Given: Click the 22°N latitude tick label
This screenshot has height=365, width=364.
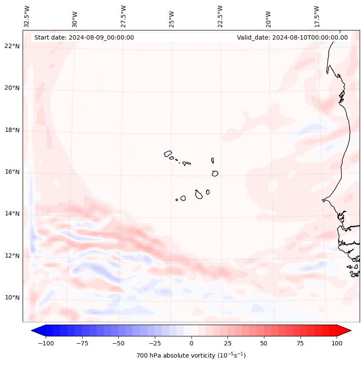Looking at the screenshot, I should (x=12, y=46).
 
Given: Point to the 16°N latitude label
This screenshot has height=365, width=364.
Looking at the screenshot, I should (x=12, y=172).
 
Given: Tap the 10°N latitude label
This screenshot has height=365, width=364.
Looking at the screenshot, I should (x=12, y=298).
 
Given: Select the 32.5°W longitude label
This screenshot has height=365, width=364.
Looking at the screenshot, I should (x=27, y=16).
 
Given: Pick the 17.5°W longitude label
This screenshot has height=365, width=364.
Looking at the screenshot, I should (x=317, y=16).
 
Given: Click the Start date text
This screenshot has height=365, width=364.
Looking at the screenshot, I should (x=84, y=37).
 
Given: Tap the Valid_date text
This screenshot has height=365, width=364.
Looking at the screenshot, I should (x=292, y=37).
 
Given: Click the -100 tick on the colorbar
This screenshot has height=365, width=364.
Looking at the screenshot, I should (x=46, y=343).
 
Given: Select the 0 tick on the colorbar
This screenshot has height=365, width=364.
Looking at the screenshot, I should (x=191, y=343).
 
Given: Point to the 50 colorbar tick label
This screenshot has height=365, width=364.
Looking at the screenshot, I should (x=264, y=343).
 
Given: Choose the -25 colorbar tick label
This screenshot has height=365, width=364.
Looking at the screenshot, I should (x=155, y=343).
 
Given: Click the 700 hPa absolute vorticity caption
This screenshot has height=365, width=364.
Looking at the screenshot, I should (x=191, y=355).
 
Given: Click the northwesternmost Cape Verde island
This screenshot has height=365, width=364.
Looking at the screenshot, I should (x=168, y=154).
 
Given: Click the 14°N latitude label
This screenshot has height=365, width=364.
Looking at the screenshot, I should (x=12, y=214).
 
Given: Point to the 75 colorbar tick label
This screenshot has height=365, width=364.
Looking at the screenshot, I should (x=301, y=343).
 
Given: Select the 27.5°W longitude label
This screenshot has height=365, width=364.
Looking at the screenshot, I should (x=124, y=16).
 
